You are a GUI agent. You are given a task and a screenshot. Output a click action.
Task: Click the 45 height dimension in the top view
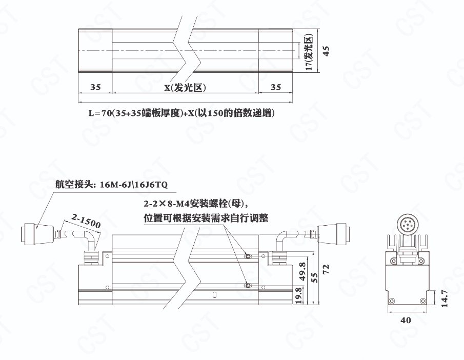[326, 51]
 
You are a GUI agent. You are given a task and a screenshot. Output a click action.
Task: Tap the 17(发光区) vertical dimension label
[309, 52]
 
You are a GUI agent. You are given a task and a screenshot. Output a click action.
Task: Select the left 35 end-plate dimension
[95, 87]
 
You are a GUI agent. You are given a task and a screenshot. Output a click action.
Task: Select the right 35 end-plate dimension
[275, 87]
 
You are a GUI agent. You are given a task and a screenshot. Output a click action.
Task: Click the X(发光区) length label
[185, 88]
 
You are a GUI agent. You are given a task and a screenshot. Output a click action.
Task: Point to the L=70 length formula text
[181, 113]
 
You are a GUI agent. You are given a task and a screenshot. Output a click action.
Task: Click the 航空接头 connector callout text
[111, 185]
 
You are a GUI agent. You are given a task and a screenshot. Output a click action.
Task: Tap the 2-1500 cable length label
[86, 221]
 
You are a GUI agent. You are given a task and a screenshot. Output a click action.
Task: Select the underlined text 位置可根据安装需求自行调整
[206, 218]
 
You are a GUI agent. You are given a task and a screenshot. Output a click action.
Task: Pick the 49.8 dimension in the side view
[302, 271]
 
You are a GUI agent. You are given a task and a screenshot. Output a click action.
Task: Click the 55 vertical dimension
[315, 277]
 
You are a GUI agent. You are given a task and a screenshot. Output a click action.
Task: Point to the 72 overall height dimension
[326, 269]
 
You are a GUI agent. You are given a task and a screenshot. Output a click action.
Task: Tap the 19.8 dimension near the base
[298, 295]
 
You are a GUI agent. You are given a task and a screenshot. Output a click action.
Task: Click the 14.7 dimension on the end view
[444, 298]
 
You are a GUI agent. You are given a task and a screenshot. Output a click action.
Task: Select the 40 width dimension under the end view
[406, 321]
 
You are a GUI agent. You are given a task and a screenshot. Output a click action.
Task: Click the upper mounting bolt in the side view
[248, 256]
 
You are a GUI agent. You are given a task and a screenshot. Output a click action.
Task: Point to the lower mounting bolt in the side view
[248, 286]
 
